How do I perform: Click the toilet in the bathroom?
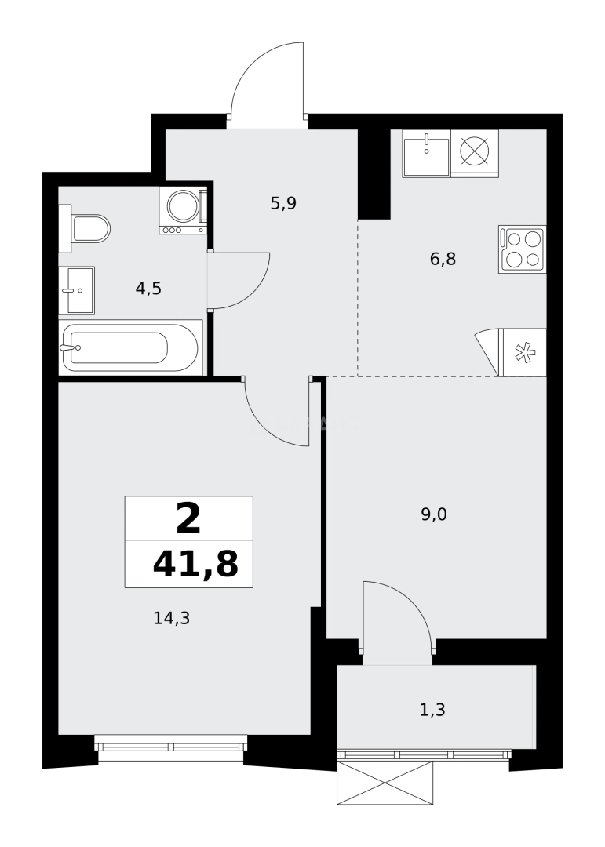[86, 228]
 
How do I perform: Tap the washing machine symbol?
[183, 209]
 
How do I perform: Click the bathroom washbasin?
[77, 290]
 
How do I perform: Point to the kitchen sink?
[426, 153]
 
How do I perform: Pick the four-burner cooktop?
[522, 249]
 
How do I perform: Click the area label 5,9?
[282, 204]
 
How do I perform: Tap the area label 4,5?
[148, 288]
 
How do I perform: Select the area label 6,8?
[443, 259]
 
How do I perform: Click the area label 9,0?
[433, 514]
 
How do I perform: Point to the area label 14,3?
[172, 618]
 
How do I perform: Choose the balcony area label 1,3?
[432, 711]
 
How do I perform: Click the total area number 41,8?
[195, 564]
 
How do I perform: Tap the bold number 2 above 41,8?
[188, 518]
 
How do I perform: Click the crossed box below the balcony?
[385, 783]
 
